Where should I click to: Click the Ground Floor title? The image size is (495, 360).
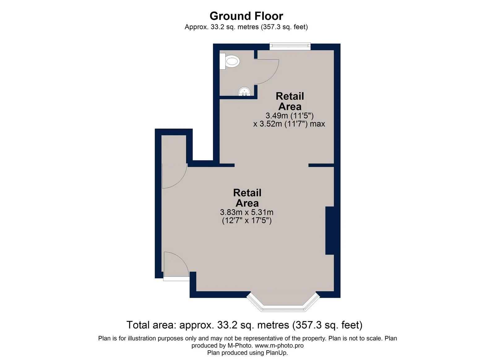(x=246, y=16)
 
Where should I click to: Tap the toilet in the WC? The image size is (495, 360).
(x=230, y=61)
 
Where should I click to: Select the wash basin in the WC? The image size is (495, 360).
(x=244, y=91)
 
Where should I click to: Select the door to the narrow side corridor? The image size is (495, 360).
(x=174, y=176)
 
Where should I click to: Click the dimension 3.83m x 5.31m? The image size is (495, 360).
(x=247, y=212)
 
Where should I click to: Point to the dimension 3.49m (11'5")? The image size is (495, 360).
(x=290, y=115)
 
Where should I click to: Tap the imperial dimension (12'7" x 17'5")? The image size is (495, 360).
(x=247, y=220)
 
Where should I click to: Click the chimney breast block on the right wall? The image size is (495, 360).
(x=329, y=231)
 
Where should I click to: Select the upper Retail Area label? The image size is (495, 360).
(x=290, y=101)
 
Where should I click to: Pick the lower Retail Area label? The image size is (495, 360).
(x=247, y=198)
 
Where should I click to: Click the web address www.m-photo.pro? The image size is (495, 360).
(x=279, y=346)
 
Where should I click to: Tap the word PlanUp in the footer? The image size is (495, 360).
(x=276, y=353)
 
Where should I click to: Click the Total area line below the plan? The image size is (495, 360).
(x=244, y=325)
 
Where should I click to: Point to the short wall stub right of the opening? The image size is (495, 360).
(x=321, y=165)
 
